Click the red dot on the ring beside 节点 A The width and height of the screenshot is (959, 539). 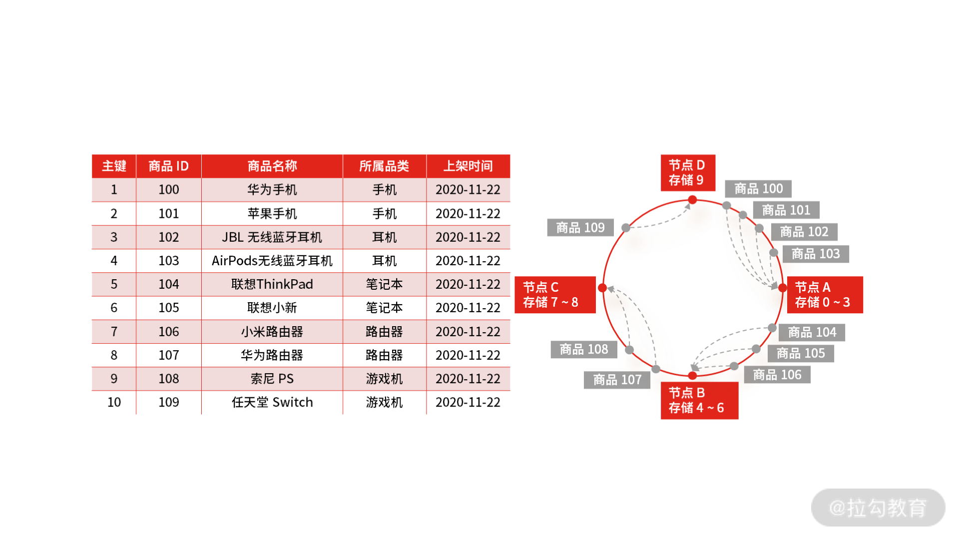coord(783,288)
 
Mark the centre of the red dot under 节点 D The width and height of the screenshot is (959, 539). coord(692,200)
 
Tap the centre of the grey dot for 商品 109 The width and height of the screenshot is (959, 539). coord(626,228)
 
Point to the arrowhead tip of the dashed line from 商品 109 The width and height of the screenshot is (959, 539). coord(690,204)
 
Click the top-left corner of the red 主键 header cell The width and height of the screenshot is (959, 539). coord(92,155)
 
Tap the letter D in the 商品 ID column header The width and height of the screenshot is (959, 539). coord(184,166)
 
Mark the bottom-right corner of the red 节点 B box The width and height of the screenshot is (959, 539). coord(738,419)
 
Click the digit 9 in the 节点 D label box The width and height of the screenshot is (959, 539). coord(700,180)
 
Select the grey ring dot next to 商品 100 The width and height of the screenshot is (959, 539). coord(727,205)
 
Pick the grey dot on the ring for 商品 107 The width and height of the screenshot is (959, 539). coord(656,369)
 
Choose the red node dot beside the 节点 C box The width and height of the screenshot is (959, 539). coord(602,288)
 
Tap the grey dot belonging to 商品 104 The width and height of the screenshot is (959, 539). coord(772,328)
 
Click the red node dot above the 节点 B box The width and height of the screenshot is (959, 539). coord(692,376)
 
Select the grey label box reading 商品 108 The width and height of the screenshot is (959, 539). coord(584,349)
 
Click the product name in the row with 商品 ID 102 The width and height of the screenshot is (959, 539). coord(272,237)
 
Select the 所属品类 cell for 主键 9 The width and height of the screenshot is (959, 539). coord(384,379)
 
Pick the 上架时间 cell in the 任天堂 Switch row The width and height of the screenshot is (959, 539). coord(468,402)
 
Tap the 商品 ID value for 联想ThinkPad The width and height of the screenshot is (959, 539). coord(169,284)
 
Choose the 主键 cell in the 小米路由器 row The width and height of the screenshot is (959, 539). coord(114,331)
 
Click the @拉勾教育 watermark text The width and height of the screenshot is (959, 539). coord(878,508)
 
